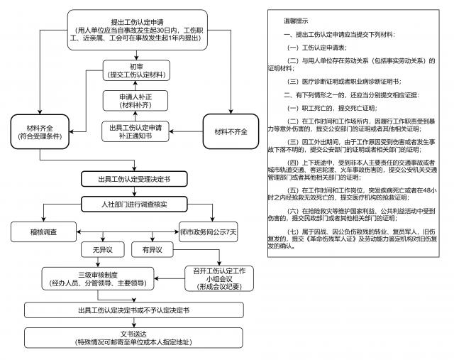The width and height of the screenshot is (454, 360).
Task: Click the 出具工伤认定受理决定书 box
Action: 133,178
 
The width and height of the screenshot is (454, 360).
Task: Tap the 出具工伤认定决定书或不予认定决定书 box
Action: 133,310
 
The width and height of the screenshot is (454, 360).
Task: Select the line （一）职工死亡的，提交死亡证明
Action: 331,108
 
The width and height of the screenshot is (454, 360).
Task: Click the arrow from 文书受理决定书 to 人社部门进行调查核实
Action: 133,191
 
